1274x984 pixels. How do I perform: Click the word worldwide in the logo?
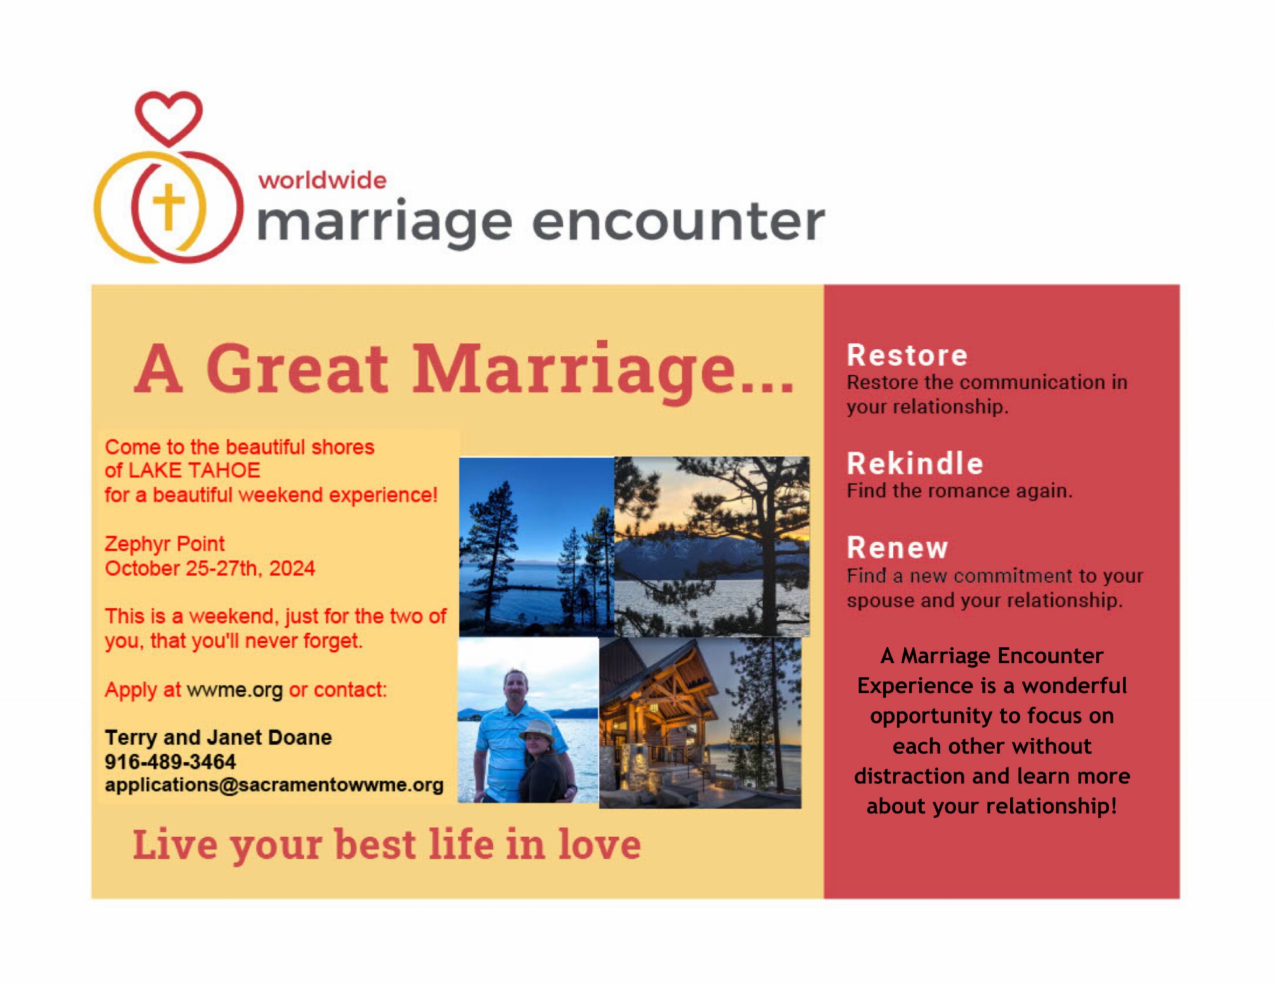click(322, 180)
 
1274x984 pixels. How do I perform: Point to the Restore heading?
click(907, 355)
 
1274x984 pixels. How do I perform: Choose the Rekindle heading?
click(915, 464)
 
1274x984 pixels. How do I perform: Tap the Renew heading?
click(897, 548)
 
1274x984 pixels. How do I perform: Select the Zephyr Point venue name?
click(165, 544)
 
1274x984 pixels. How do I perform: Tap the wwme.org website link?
click(234, 690)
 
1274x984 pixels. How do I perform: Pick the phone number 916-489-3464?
click(170, 762)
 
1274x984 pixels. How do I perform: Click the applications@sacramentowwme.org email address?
click(274, 785)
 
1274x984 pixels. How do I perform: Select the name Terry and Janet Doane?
click(218, 737)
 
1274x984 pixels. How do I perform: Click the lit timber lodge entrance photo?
click(700, 723)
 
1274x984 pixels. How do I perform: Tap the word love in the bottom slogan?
click(599, 844)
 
